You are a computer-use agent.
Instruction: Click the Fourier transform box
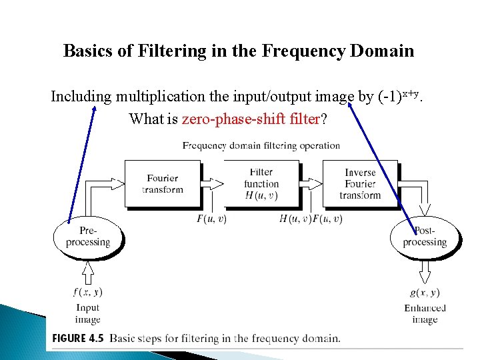[x=163, y=183]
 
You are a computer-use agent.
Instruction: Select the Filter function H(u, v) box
[x=261, y=183]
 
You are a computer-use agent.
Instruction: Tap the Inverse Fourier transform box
[x=360, y=183]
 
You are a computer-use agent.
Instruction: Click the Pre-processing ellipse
[x=87, y=237]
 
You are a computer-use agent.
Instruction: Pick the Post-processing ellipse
[x=425, y=237]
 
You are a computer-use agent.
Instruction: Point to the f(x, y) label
[x=88, y=292]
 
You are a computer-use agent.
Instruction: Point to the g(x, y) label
[x=425, y=292]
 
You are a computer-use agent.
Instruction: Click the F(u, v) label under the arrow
[x=211, y=219]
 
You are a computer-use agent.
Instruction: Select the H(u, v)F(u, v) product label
[x=311, y=219]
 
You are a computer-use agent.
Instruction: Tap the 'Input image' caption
[x=87, y=313]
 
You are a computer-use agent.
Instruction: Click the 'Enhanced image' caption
[x=425, y=313]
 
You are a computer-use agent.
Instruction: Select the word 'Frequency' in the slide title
[x=303, y=51]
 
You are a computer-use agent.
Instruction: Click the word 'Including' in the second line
[x=81, y=97]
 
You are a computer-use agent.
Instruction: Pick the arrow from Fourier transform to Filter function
[x=213, y=183]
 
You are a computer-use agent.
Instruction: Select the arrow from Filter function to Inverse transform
[x=311, y=183]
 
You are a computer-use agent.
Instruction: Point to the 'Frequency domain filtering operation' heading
[x=261, y=145]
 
